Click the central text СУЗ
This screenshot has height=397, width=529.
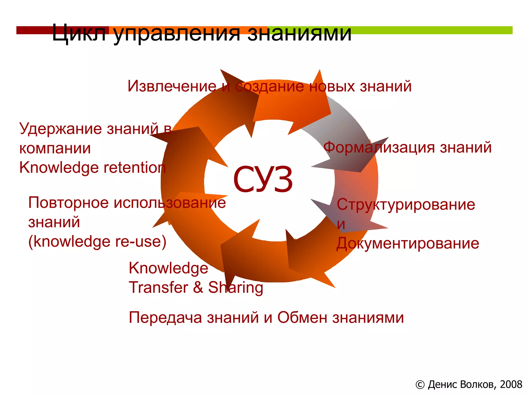pyautogui.click(x=263, y=180)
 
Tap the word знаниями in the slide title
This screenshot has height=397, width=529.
pyautogui.click(x=300, y=33)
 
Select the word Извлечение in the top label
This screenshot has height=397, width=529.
pyautogui.click(x=172, y=86)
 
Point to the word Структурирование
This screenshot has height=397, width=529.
pyautogui.click(x=406, y=204)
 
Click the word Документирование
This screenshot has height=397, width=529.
pyautogui.click(x=408, y=243)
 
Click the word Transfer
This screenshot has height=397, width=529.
pyautogui.click(x=159, y=287)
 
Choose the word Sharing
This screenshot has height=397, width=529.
pyautogui.click(x=236, y=287)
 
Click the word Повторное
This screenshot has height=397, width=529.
pyautogui.click(x=68, y=203)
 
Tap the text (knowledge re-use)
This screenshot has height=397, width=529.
pyautogui.click(x=97, y=242)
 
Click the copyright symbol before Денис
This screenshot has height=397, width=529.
pyautogui.click(x=420, y=385)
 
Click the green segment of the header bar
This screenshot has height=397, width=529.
pyautogui.click(x=434, y=30)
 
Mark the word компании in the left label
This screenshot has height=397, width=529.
pyautogui.click(x=55, y=148)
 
